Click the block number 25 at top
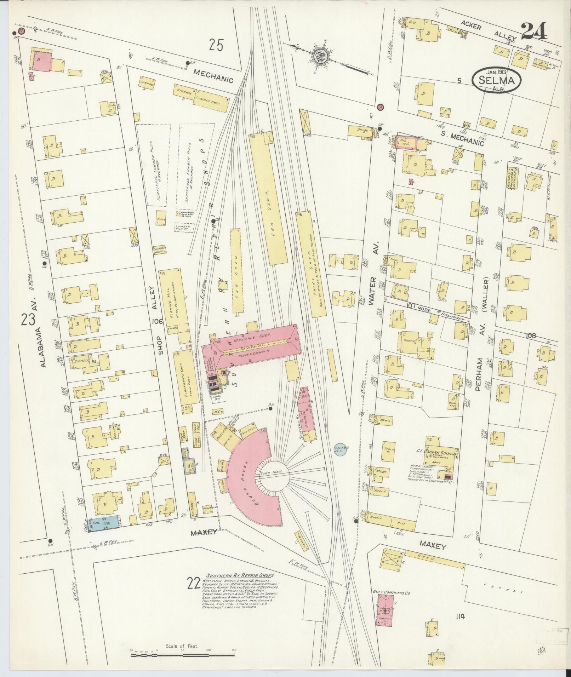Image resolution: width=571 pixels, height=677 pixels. coord(216,45)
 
